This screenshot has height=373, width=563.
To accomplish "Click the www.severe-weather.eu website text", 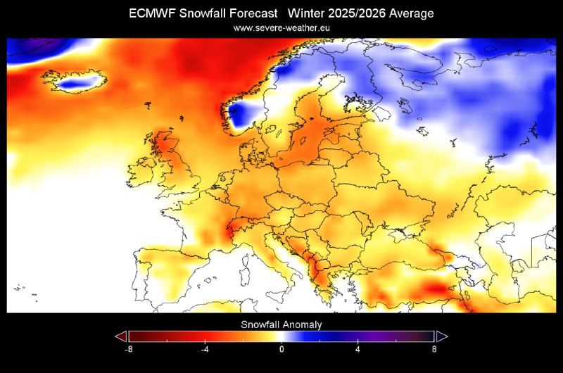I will (x=281, y=27).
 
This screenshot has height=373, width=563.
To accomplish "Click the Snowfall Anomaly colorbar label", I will (x=281, y=324).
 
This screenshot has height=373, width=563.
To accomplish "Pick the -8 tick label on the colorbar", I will (x=129, y=348).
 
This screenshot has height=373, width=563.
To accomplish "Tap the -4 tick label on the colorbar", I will (x=205, y=348).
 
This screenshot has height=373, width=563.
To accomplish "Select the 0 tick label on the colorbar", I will (x=281, y=348).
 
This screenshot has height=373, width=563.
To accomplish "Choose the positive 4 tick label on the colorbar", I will (x=358, y=348).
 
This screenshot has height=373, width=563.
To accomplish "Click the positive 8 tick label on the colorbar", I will (x=434, y=348).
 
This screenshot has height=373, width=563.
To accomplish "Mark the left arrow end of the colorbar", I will (x=120, y=336).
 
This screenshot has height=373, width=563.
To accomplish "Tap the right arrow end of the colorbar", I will (x=442, y=336).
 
